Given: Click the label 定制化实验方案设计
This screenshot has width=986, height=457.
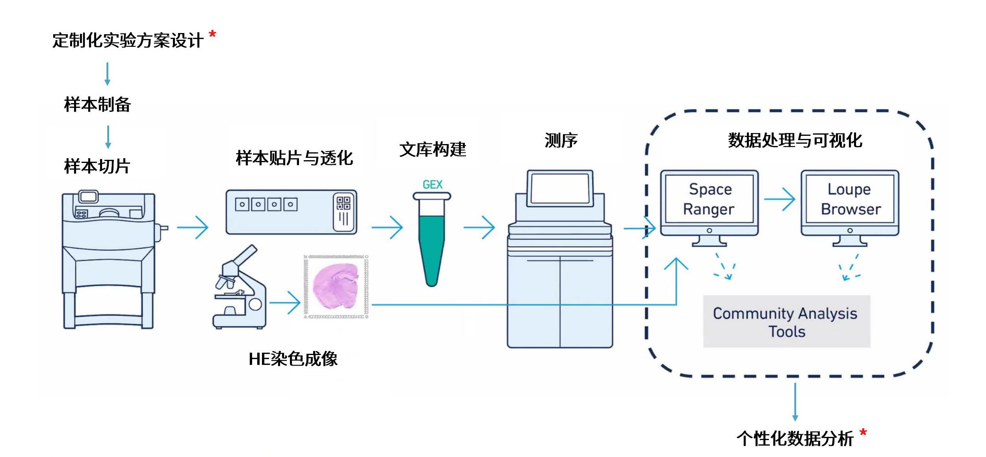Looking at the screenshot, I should (x=128, y=41).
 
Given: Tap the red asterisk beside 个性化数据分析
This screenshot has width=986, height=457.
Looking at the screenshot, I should (x=863, y=433).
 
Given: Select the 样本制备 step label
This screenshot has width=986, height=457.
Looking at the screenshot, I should (x=97, y=105).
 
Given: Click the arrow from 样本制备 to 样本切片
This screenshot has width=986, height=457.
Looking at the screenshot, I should (x=108, y=137).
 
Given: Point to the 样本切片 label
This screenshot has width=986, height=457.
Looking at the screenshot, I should (x=97, y=166).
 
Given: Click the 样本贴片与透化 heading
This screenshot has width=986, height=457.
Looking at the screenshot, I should (x=294, y=158).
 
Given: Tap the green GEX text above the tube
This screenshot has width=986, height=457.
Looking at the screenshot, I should (x=432, y=185).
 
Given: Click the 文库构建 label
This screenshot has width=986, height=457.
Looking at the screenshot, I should (x=433, y=150).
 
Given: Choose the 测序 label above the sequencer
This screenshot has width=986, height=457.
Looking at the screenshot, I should (x=561, y=141).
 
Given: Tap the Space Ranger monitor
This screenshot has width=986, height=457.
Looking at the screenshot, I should (x=709, y=205).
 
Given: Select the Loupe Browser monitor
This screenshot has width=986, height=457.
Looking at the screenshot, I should (x=850, y=205).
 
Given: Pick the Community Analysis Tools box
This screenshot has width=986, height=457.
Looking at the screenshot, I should (x=786, y=322).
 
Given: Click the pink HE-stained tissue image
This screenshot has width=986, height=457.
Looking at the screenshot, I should (x=336, y=286).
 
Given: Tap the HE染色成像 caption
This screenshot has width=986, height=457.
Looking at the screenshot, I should (x=293, y=359).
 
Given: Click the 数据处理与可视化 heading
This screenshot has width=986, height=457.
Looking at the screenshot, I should (x=795, y=141).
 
